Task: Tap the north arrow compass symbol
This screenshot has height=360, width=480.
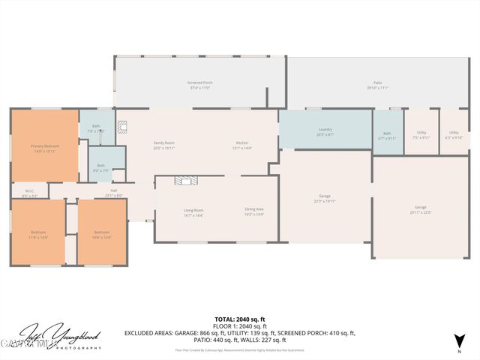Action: pyautogui.click(x=459, y=341)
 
